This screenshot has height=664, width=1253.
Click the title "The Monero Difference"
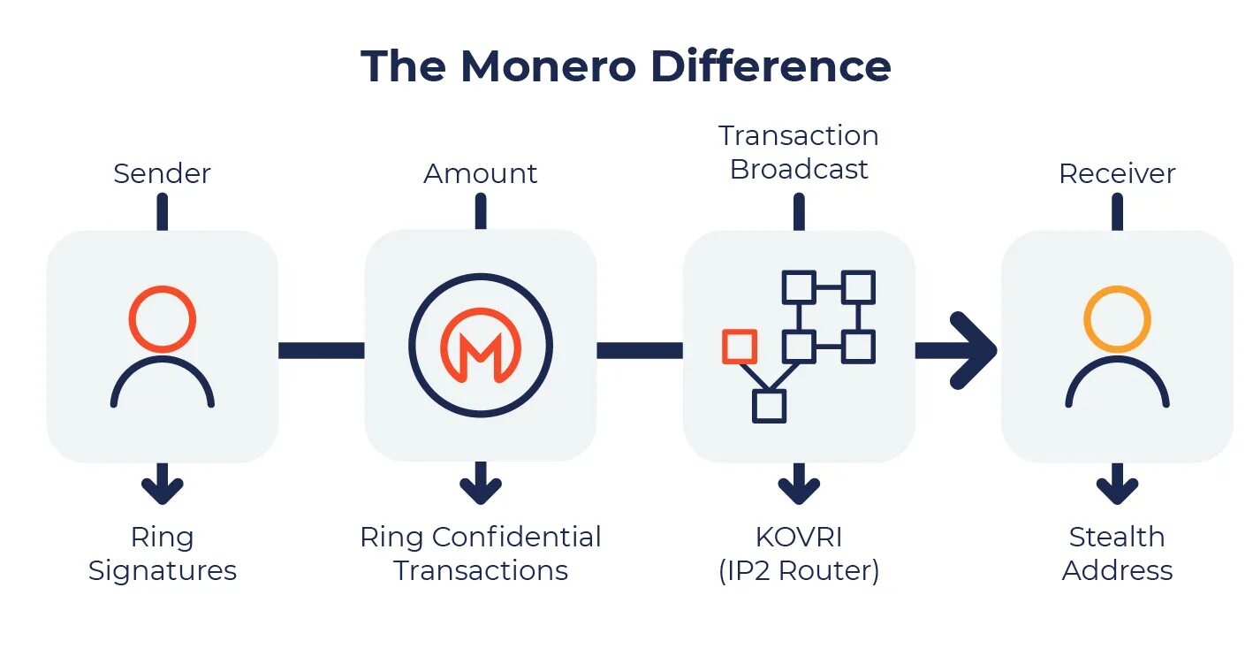pos(626,66)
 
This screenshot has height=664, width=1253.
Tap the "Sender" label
pos(162,173)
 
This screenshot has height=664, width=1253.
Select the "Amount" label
pos(480,173)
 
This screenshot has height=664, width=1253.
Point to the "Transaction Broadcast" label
pos(799,152)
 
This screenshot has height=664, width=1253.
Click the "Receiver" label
pos(1117,173)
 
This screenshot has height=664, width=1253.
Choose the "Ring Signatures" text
pos(162,553)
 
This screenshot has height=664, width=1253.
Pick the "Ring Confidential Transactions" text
pos(480,553)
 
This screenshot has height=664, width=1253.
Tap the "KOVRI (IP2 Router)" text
pos(799,553)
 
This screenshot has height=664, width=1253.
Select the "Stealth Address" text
pos(1117,553)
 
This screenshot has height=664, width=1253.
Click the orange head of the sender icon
pos(162,318)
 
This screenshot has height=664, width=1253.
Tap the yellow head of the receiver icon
pos(1117,318)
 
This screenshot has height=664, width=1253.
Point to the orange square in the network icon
pos(739,347)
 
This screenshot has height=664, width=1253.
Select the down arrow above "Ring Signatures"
pos(162,485)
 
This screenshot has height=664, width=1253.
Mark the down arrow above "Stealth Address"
pos(1117,485)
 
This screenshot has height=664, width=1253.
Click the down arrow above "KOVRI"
pos(799,485)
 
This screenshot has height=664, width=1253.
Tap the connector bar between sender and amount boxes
pos(321,350)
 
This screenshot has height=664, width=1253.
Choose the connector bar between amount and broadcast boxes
pos(639,350)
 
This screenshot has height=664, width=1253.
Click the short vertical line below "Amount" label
pos(480,211)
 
